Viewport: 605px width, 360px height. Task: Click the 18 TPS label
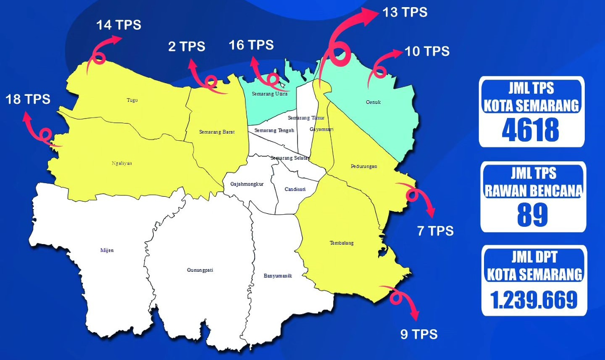click(28, 99)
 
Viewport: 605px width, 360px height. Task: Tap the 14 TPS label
click(119, 25)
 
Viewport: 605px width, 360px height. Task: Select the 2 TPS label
click(187, 47)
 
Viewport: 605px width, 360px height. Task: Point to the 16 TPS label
click(251, 45)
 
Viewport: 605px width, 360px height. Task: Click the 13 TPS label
click(405, 12)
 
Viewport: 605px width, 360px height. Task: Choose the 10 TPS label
click(427, 51)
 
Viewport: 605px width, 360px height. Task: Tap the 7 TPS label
click(435, 231)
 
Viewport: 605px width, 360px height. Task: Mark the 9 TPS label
click(419, 334)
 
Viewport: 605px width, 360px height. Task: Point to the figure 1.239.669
click(534, 300)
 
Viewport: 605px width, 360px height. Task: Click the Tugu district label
click(132, 100)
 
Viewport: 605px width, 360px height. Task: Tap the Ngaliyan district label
click(122, 163)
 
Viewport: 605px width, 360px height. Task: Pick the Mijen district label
click(107, 250)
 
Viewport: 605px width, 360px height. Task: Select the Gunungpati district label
click(200, 270)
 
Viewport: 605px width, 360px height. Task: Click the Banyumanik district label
click(278, 276)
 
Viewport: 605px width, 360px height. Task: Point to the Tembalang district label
click(341, 243)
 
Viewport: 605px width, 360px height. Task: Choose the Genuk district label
click(373, 102)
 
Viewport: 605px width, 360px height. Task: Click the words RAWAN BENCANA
click(533, 191)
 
